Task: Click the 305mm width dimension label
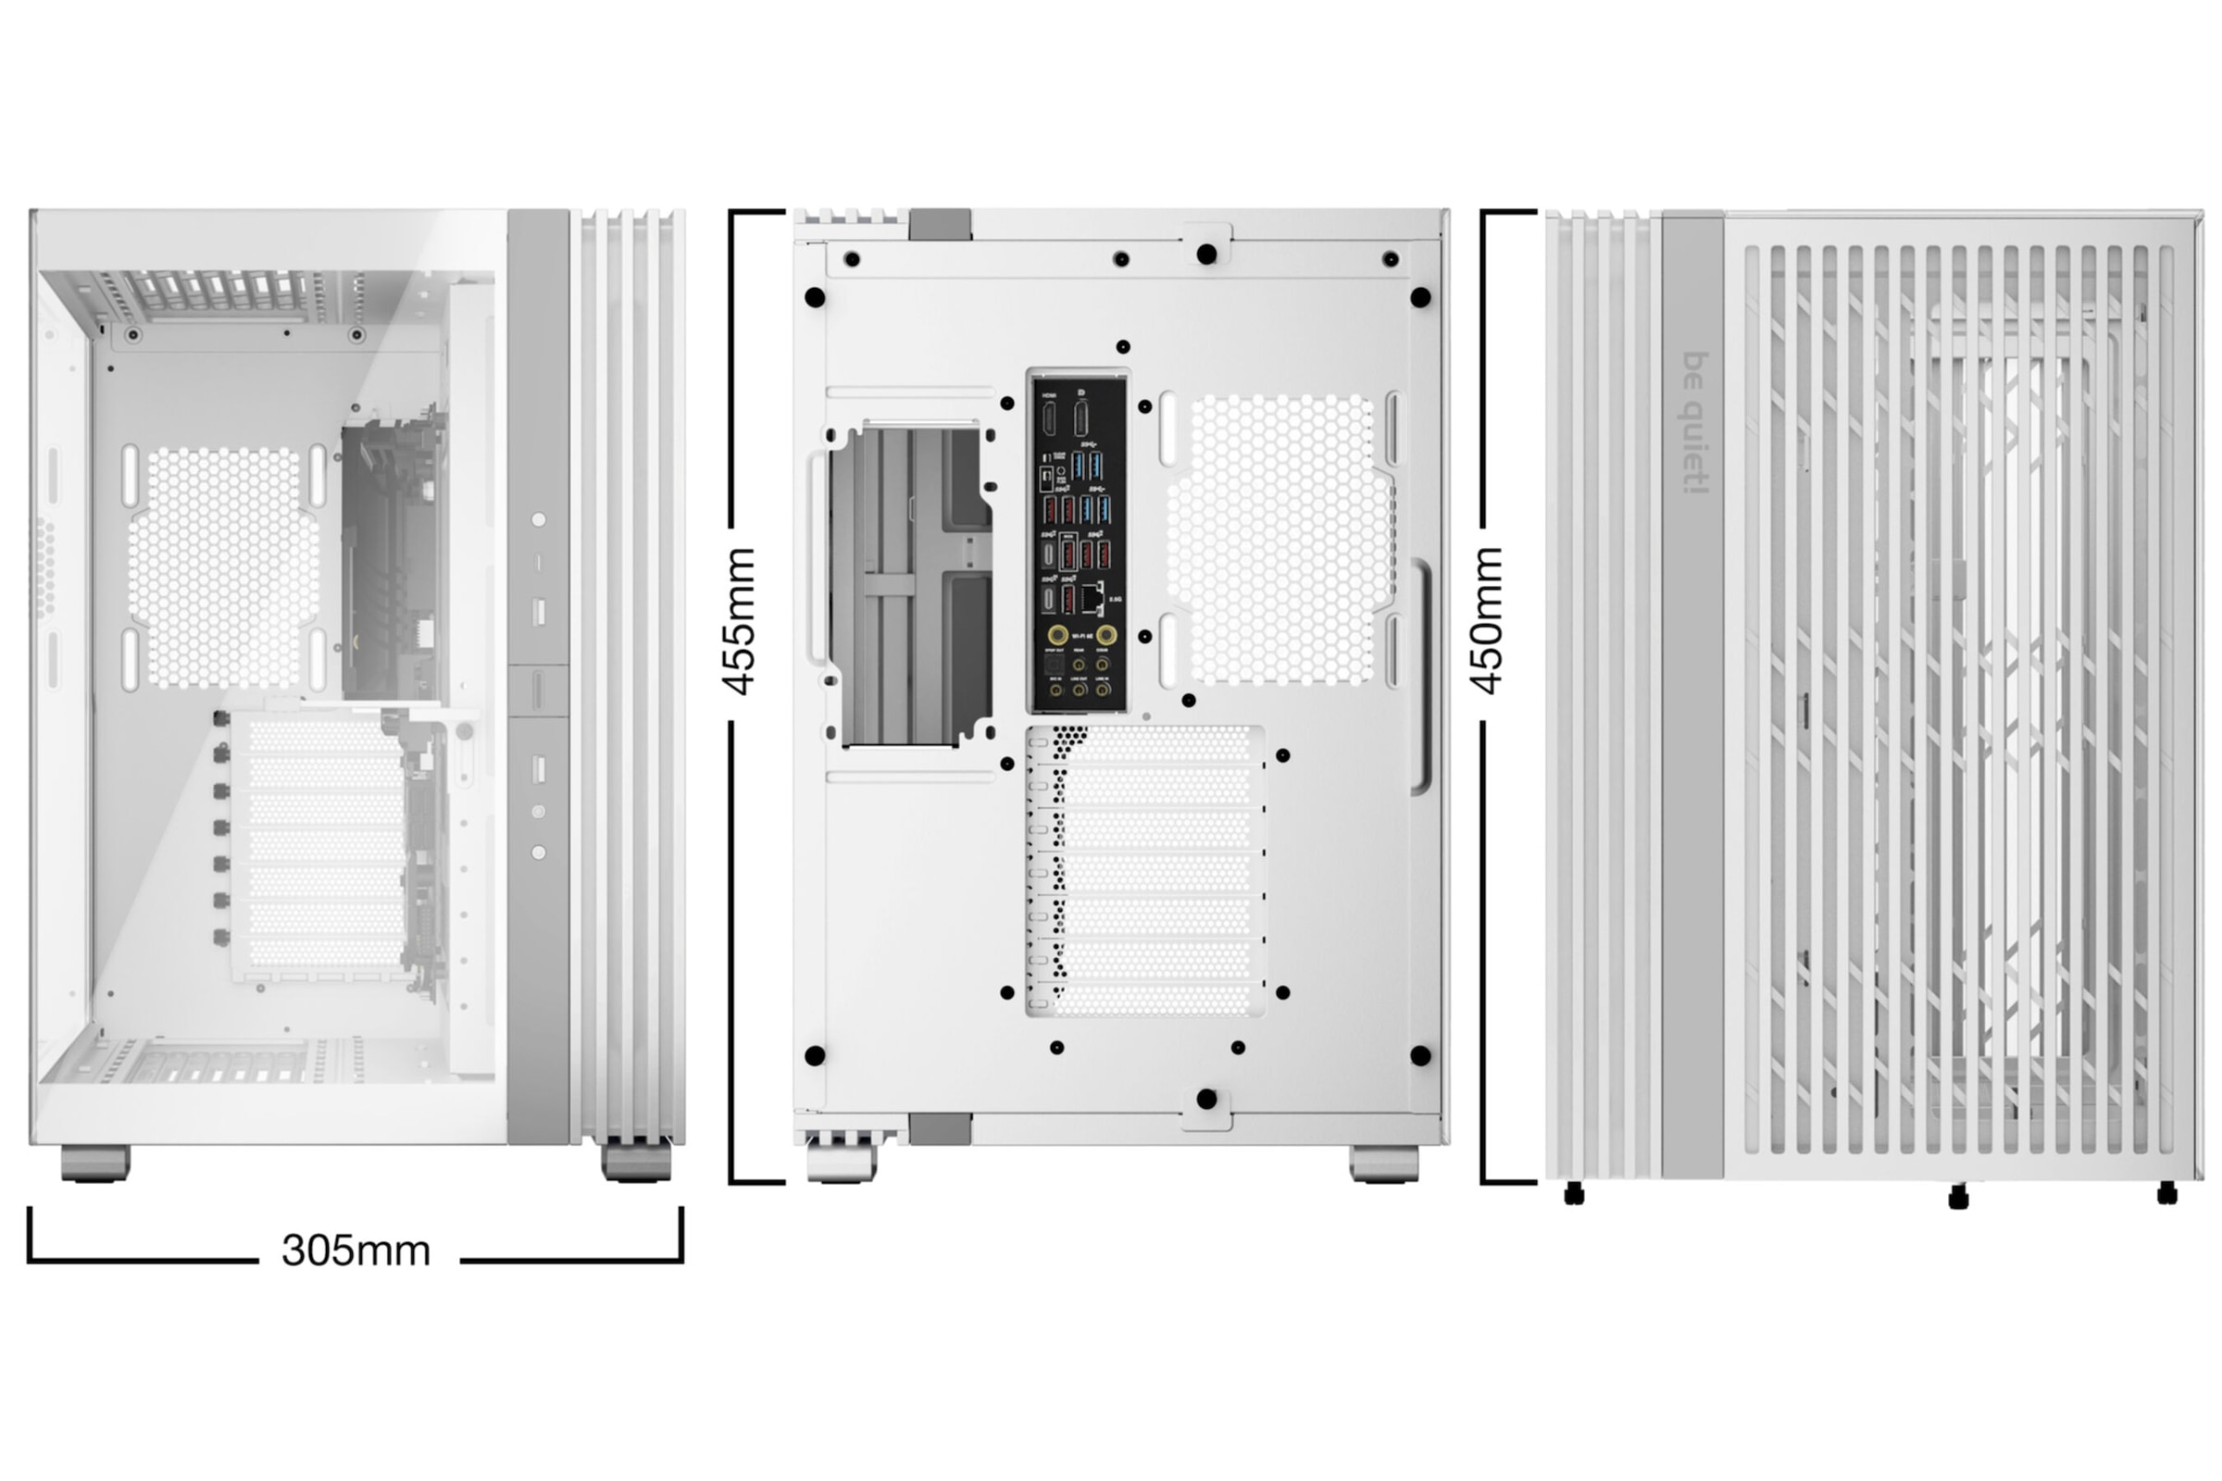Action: (x=356, y=1251)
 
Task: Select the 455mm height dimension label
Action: (x=740, y=620)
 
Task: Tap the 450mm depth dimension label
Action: (x=1488, y=620)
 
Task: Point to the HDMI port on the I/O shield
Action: (x=1050, y=417)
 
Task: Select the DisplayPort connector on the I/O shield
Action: (x=1080, y=417)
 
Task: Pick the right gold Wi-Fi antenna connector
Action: (x=1105, y=635)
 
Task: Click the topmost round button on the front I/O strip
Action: (x=539, y=519)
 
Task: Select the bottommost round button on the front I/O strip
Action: (x=539, y=852)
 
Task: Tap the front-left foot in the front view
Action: (x=95, y=1163)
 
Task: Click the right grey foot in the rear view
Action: (x=1383, y=1163)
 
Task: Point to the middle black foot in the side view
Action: (x=1958, y=1198)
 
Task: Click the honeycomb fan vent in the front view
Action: (x=225, y=566)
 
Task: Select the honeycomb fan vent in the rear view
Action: (x=1280, y=540)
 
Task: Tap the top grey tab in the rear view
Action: (x=940, y=224)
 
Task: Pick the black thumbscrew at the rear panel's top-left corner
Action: (x=815, y=297)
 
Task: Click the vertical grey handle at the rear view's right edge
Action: (x=1420, y=676)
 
